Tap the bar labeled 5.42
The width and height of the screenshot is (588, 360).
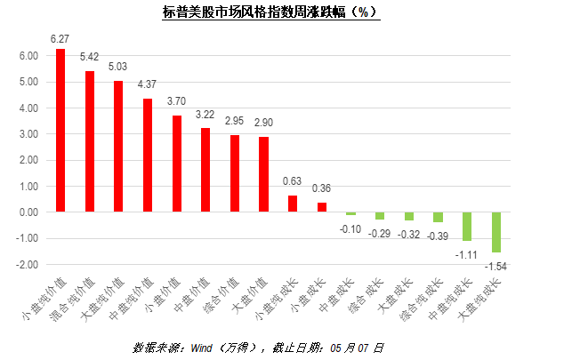[x=90, y=141]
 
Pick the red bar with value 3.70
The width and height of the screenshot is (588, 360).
[x=176, y=164]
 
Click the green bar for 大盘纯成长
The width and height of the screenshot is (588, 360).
[x=495, y=232]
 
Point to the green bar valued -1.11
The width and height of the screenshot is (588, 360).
[x=466, y=227]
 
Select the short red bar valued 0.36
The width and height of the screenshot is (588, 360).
[x=321, y=207]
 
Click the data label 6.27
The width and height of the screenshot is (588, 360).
[x=60, y=39]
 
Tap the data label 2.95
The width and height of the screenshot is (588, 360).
[x=234, y=121]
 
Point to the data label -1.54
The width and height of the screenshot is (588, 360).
[x=495, y=266]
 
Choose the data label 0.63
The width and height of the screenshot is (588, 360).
[x=292, y=181]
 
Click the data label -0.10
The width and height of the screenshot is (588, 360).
[x=350, y=228]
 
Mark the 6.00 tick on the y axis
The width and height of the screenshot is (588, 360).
[x=28, y=55]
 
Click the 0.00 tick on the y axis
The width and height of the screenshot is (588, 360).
[x=28, y=212]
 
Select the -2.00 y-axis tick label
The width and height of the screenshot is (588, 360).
[x=27, y=265]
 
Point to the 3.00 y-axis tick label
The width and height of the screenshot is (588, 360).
[x=28, y=134]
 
